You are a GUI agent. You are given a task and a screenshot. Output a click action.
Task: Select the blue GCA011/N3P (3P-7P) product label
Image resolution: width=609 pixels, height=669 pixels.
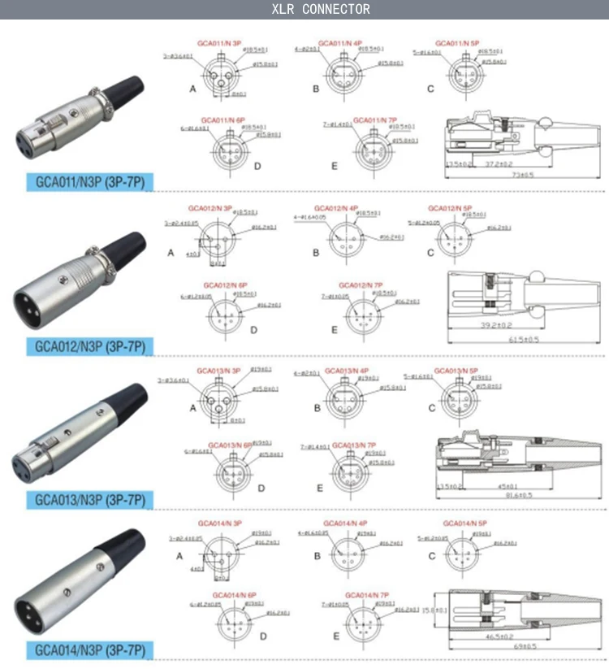click(x=90, y=181)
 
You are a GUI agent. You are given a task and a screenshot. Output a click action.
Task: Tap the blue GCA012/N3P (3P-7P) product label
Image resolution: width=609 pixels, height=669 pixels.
click(x=90, y=346)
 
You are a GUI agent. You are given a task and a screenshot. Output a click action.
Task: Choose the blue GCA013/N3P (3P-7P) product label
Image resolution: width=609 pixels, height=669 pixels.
click(x=90, y=499)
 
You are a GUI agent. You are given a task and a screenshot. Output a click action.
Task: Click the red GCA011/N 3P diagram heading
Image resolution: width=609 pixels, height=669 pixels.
click(x=219, y=43)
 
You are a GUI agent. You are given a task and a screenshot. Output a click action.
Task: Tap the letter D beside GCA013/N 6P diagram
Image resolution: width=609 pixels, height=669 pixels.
click(x=261, y=488)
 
